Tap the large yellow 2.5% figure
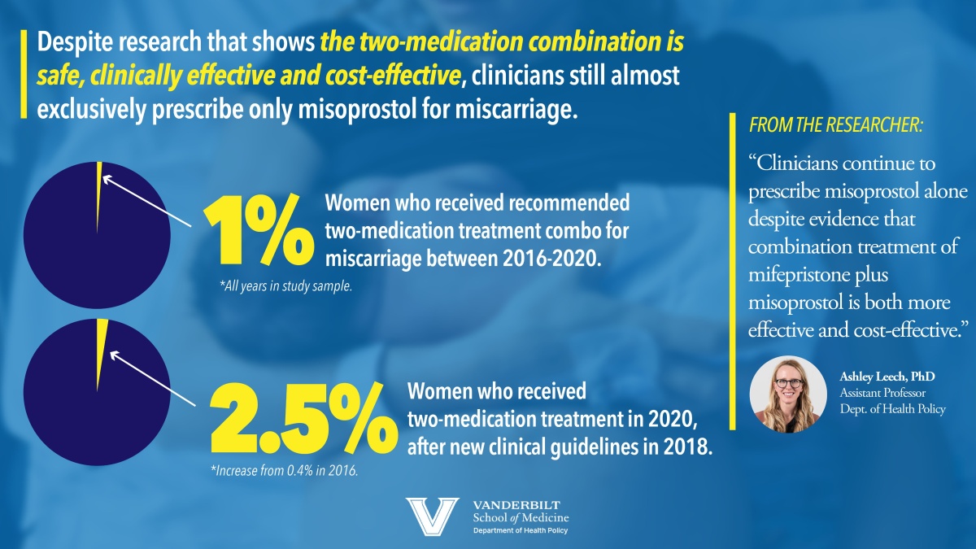(298, 422)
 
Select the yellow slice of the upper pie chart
(98, 171)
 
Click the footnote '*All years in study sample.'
(285, 285)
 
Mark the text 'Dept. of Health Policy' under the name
(892, 409)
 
